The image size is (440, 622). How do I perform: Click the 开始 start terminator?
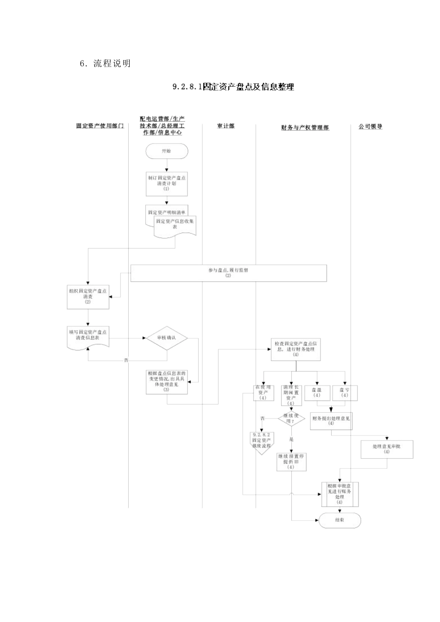click(x=167, y=151)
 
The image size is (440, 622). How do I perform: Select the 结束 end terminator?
click(x=339, y=520)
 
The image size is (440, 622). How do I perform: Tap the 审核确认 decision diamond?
click(x=167, y=338)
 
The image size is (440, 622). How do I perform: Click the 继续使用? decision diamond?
click(x=291, y=418)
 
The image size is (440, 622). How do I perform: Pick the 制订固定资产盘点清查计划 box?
click(x=167, y=183)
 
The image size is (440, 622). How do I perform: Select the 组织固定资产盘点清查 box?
click(x=88, y=297)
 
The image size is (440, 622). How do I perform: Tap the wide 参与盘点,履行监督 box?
click(x=228, y=273)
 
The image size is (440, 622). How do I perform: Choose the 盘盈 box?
click(x=317, y=393)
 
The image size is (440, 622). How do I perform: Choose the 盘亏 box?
click(x=345, y=393)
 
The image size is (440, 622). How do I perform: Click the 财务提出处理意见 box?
click(x=331, y=421)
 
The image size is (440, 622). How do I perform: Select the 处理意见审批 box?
click(x=387, y=449)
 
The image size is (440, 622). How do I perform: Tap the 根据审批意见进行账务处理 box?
click(x=339, y=494)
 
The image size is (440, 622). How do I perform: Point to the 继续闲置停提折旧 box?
click(x=291, y=461)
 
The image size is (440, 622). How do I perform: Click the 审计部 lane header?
click(x=226, y=126)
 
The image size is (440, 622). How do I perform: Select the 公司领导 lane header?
click(x=371, y=126)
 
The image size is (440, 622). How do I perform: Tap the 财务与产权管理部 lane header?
click(x=305, y=128)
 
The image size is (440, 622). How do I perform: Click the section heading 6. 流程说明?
click(x=106, y=64)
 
